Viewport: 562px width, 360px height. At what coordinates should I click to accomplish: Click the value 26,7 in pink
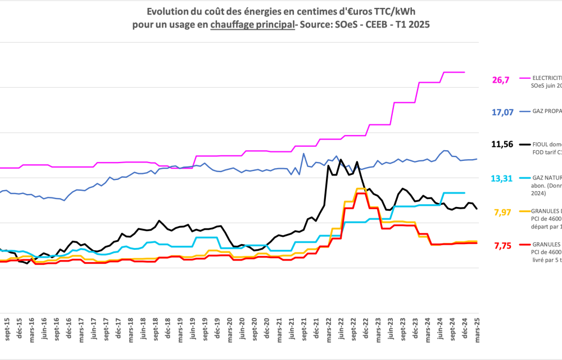500,80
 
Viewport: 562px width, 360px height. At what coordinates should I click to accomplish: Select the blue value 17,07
502,112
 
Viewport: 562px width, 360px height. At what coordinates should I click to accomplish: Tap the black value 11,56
502,145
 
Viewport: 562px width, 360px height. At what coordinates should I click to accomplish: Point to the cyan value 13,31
501,178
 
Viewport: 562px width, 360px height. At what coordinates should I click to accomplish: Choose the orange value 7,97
502,212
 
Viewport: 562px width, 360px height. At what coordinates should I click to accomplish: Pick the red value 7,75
502,245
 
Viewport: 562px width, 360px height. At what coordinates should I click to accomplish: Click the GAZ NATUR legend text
546,178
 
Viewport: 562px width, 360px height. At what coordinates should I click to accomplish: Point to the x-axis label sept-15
7,329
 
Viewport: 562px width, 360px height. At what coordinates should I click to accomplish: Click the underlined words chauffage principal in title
252,25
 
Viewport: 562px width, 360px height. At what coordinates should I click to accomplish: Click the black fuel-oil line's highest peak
341,160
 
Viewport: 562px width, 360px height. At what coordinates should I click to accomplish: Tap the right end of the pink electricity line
464,72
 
